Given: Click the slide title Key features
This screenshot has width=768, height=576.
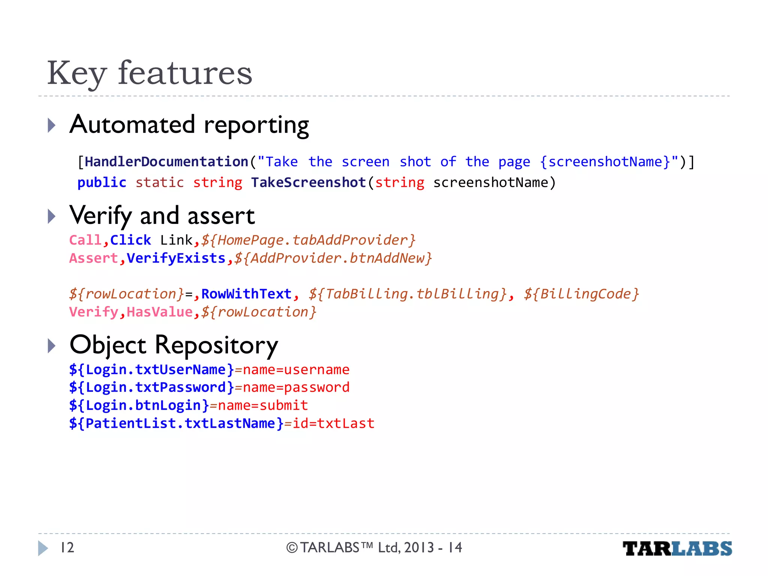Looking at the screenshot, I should coord(150,73).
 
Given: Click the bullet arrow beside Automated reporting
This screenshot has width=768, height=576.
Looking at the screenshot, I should coord(52,125).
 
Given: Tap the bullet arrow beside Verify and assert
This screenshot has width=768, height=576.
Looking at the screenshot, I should coord(52,216).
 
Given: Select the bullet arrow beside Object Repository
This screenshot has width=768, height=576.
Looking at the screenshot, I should coord(52,346).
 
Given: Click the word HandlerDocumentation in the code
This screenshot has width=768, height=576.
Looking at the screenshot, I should coord(166,162).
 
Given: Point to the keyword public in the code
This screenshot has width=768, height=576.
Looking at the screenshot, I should coord(102,183).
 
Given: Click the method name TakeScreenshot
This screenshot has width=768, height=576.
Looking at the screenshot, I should coord(308,183).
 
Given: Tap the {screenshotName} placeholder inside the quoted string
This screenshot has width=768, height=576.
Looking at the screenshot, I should coord(605,162).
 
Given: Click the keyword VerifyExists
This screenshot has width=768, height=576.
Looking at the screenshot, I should coord(176,258).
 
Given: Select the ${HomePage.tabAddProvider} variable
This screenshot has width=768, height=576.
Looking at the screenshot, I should coord(308,240).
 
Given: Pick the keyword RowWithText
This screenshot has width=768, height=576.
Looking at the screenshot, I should coord(246,294).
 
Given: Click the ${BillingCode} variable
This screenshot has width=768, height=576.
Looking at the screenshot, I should coord(581,294).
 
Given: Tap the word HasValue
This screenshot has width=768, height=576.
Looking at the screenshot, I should coord(159,312).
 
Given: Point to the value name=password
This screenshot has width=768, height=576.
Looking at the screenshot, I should coord(296,387).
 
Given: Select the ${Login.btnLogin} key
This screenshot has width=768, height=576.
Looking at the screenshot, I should coord(139,405).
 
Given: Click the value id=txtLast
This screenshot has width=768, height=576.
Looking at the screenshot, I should coord(333,423).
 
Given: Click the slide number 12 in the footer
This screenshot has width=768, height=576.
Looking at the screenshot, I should coord(67,548).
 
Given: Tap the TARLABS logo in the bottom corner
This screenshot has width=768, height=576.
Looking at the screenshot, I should coord(677,549).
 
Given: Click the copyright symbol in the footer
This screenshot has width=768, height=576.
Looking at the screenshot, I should coord(292,548).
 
